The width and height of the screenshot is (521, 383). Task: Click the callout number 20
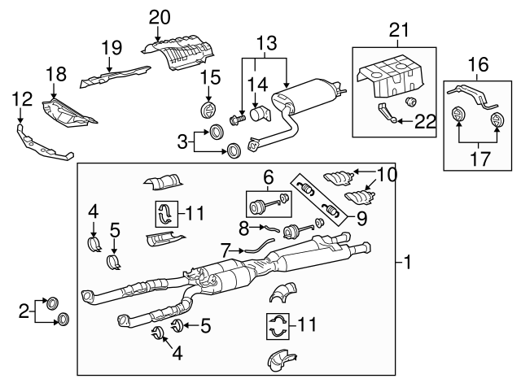click(x=160, y=15)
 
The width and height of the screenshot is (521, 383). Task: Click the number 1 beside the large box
click(x=408, y=263)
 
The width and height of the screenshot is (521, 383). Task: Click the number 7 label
click(x=225, y=247)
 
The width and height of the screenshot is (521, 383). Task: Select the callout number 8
click(x=243, y=228)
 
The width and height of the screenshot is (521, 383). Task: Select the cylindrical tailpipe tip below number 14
click(x=260, y=113)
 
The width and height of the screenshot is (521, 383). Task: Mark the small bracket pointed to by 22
click(x=390, y=114)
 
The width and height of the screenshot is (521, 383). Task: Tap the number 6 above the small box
click(x=267, y=175)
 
